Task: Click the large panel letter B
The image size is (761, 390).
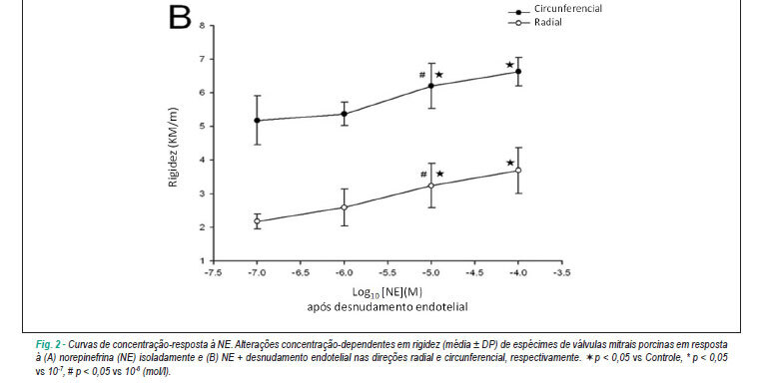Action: click(180, 18)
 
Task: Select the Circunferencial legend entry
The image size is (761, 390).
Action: click(554, 9)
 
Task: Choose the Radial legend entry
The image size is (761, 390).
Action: click(535, 22)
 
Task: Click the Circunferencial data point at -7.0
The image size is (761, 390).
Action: click(257, 120)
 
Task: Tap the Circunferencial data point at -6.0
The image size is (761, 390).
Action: click(345, 114)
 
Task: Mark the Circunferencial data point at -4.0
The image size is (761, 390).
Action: click(518, 71)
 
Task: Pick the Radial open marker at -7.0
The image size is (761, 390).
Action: click(257, 221)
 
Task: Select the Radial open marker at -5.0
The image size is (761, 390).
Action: click(431, 186)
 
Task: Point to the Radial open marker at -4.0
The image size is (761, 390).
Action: click(518, 170)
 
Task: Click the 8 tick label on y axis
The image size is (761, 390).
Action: click(202, 25)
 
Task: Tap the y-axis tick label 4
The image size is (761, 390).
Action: click(202, 160)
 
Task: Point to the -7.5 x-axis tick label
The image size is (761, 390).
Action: click(213, 272)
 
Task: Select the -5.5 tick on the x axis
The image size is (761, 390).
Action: click(387, 272)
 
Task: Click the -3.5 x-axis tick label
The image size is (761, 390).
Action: click(561, 272)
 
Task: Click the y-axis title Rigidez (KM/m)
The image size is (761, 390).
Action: click(173, 147)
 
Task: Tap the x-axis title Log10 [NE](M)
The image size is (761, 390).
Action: click(386, 292)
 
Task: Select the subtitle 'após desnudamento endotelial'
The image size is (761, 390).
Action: click(387, 306)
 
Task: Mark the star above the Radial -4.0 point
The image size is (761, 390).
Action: click(510, 163)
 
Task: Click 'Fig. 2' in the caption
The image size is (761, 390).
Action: click(48, 345)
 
